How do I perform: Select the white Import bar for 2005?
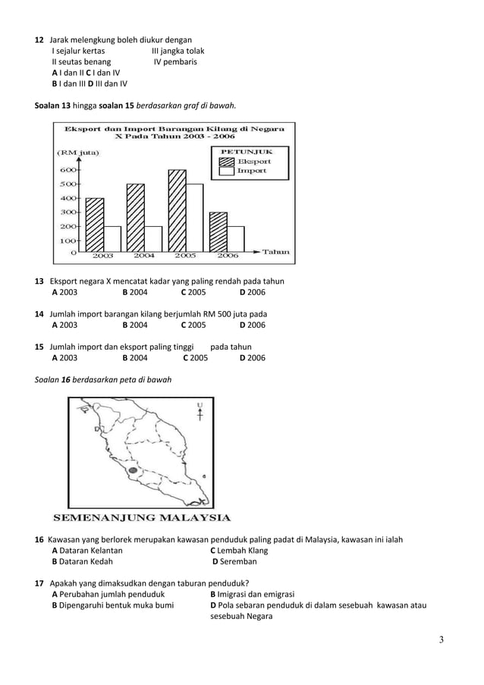coord(194,218)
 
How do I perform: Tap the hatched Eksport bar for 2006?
coord(218,231)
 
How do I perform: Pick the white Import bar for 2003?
coord(112,238)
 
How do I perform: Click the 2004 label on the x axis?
coord(144,256)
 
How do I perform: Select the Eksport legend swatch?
coord(227,162)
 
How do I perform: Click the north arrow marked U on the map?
coord(200,414)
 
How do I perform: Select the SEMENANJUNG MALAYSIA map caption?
coord(140,520)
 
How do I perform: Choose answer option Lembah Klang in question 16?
coord(238,551)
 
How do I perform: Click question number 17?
coord(39,583)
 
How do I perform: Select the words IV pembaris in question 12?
coord(175,62)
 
